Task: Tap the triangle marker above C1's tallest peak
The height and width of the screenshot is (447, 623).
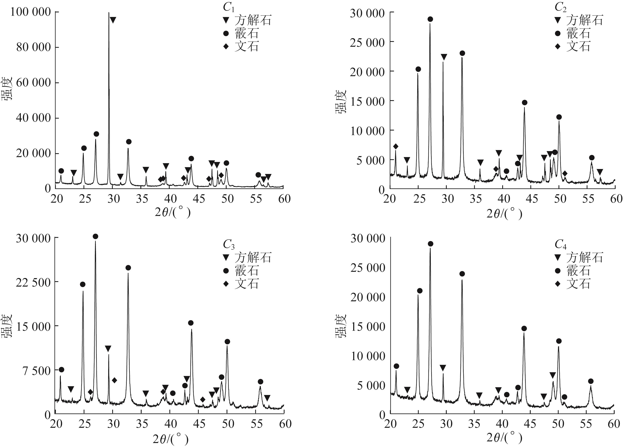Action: point(113,20)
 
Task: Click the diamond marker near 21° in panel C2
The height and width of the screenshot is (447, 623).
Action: point(396,147)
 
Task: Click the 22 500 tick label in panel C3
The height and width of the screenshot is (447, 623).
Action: point(33,282)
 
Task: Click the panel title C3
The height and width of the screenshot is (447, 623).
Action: point(229,244)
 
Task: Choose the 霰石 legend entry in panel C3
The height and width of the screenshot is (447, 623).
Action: point(247,271)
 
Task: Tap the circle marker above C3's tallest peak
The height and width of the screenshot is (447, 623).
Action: point(95,236)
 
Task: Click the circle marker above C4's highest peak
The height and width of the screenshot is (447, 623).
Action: point(430,244)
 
